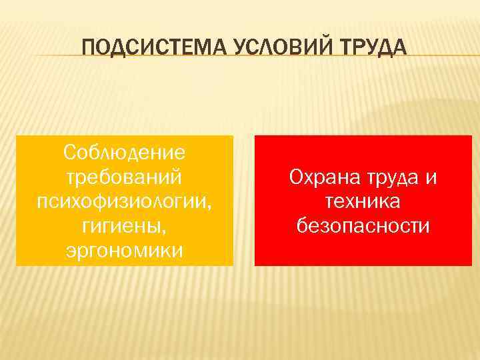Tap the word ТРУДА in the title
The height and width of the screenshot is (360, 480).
[364, 48]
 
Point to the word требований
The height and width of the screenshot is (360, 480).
[125, 178]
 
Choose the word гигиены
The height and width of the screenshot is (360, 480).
[123, 227]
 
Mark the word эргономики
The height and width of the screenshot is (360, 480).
[125, 251]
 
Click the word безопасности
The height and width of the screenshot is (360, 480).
[363, 227]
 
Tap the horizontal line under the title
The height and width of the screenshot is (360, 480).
[240, 55]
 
